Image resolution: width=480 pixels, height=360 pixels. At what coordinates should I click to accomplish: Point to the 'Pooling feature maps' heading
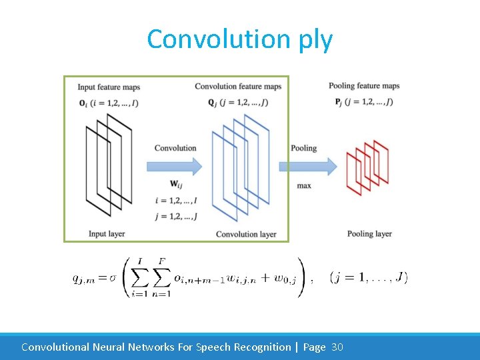click(364, 85)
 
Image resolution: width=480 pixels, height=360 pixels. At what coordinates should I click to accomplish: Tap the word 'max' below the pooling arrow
click(304, 185)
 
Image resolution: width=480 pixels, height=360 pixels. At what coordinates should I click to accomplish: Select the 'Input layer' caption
click(107, 234)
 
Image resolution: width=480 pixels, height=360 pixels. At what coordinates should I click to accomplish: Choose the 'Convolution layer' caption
click(246, 234)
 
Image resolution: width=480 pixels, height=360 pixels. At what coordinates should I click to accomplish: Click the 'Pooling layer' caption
click(369, 234)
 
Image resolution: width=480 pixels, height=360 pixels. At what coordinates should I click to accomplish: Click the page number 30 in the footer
click(337, 347)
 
